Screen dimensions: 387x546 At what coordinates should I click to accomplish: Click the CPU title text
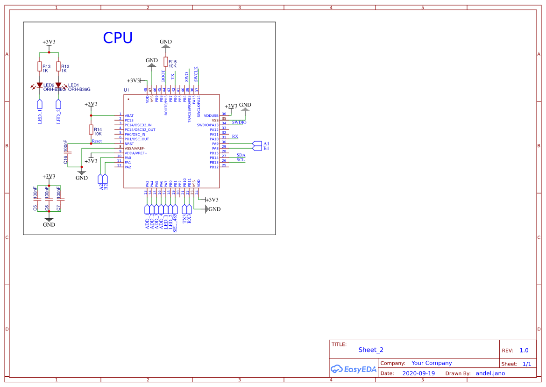click(x=118, y=38)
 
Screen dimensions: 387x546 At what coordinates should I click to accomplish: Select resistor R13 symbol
click(x=40, y=67)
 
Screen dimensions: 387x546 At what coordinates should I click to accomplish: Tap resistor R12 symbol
click(x=58, y=67)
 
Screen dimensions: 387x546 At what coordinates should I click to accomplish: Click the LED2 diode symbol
click(x=40, y=85)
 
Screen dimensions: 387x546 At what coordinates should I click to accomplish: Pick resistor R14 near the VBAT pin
click(x=91, y=129)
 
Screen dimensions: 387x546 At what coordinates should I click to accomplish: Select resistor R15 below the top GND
click(x=166, y=62)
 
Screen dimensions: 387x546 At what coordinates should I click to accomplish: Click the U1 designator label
click(x=126, y=90)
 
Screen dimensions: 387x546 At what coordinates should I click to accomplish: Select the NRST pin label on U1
click(x=129, y=143)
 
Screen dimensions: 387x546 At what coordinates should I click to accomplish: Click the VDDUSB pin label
click(x=211, y=115)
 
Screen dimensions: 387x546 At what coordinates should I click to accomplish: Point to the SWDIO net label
click(x=239, y=122)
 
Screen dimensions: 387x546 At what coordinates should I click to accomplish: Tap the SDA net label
click(x=241, y=155)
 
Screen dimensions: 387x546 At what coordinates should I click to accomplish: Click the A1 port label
click(x=266, y=143)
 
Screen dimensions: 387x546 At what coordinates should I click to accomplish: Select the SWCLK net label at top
click(x=196, y=74)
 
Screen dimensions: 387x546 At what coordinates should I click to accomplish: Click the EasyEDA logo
click(x=354, y=369)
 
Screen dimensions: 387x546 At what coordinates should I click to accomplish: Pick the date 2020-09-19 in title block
click(x=418, y=373)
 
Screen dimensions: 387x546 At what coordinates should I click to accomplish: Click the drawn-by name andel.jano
click(x=490, y=373)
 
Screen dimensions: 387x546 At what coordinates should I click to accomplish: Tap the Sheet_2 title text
click(x=371, y=350)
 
